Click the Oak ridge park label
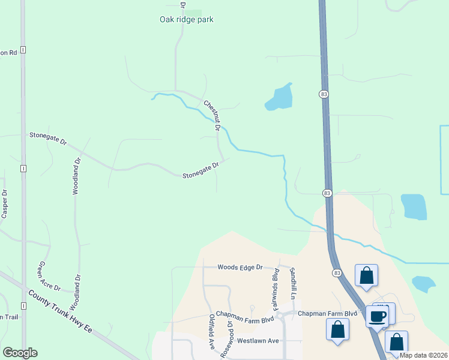(186, 19)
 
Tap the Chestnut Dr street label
(212, 115)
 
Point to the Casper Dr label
(4, 204)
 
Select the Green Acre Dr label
(49, 276)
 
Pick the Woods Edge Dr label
(240, 267)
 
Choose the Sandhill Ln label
(294, 283)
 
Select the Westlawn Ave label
(258, 340)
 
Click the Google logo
(20, 353)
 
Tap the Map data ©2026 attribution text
(423, 355)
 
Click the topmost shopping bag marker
(366, 277)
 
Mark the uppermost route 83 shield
(324, 94)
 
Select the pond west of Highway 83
(279, 98)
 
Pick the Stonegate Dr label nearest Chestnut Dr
(200, 171)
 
